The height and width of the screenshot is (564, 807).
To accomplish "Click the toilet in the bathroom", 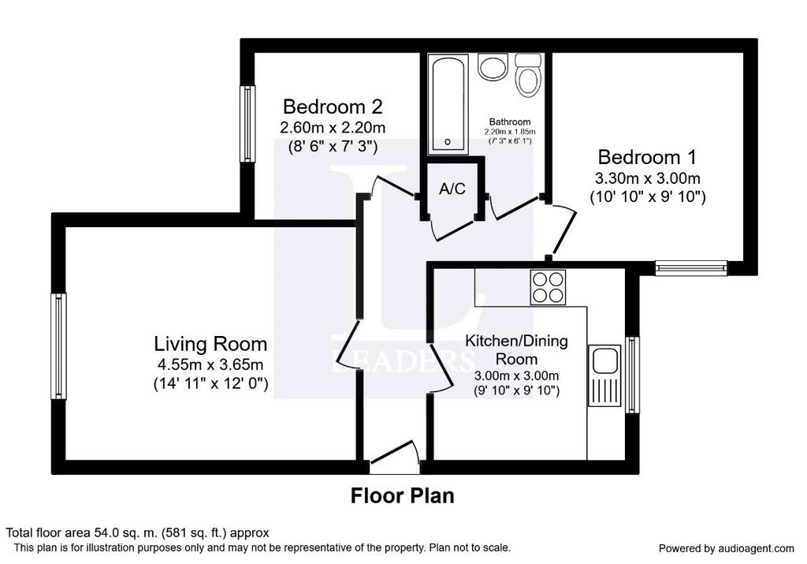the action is pos(528,74).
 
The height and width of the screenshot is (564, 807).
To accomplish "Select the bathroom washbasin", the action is pos(493,67).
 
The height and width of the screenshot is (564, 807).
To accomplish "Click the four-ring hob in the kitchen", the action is pos(549,287).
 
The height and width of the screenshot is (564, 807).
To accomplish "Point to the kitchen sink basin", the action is pos(604,360).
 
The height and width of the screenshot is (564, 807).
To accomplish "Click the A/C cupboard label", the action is pos(452,189).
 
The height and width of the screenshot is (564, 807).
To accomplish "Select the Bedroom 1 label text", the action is pos(647,157).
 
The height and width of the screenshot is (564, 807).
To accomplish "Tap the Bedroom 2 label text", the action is pos(333,106).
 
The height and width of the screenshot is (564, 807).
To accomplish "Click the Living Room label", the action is pos(210,344).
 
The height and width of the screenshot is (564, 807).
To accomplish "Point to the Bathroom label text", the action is pos(510,122).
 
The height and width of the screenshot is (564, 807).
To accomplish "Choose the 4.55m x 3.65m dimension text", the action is pos(210,364).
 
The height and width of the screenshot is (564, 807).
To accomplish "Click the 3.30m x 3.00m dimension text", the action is pos(648,179).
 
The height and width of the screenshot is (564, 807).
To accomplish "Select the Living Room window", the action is pos(58,346).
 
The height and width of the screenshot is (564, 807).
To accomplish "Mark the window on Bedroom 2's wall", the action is pos(247,124).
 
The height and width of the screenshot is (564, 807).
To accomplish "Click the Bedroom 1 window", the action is pos(691,268).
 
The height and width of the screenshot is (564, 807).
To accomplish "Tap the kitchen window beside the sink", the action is pos(632,375).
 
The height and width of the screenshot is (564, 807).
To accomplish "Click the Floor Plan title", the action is pos(403,495).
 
